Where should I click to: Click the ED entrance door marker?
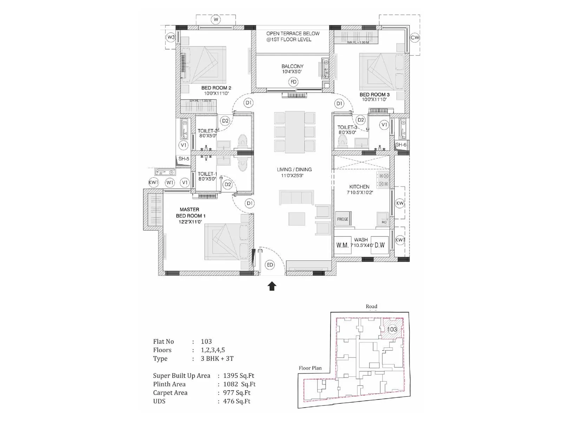[270, 265]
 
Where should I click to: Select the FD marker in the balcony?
[293, 82]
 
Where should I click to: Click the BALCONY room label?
[292, 66]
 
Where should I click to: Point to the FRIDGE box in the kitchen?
[342, 219]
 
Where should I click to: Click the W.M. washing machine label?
[342, 245]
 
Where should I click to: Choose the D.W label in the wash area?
[379, 245]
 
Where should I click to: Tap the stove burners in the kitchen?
[383, 180]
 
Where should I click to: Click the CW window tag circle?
[415, 38]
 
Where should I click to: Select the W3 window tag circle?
[171, 37]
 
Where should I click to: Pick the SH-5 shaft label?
[184, 159]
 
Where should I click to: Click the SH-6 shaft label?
[401, 145]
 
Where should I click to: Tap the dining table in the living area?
[295, 132]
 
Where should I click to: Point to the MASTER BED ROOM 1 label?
[190, 213]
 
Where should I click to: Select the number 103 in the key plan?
[392, 329]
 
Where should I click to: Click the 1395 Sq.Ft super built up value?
[238, 375]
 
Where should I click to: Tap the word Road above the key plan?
[371, 306]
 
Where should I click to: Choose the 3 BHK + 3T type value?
[217, 359]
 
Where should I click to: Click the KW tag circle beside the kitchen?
[400, 203]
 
